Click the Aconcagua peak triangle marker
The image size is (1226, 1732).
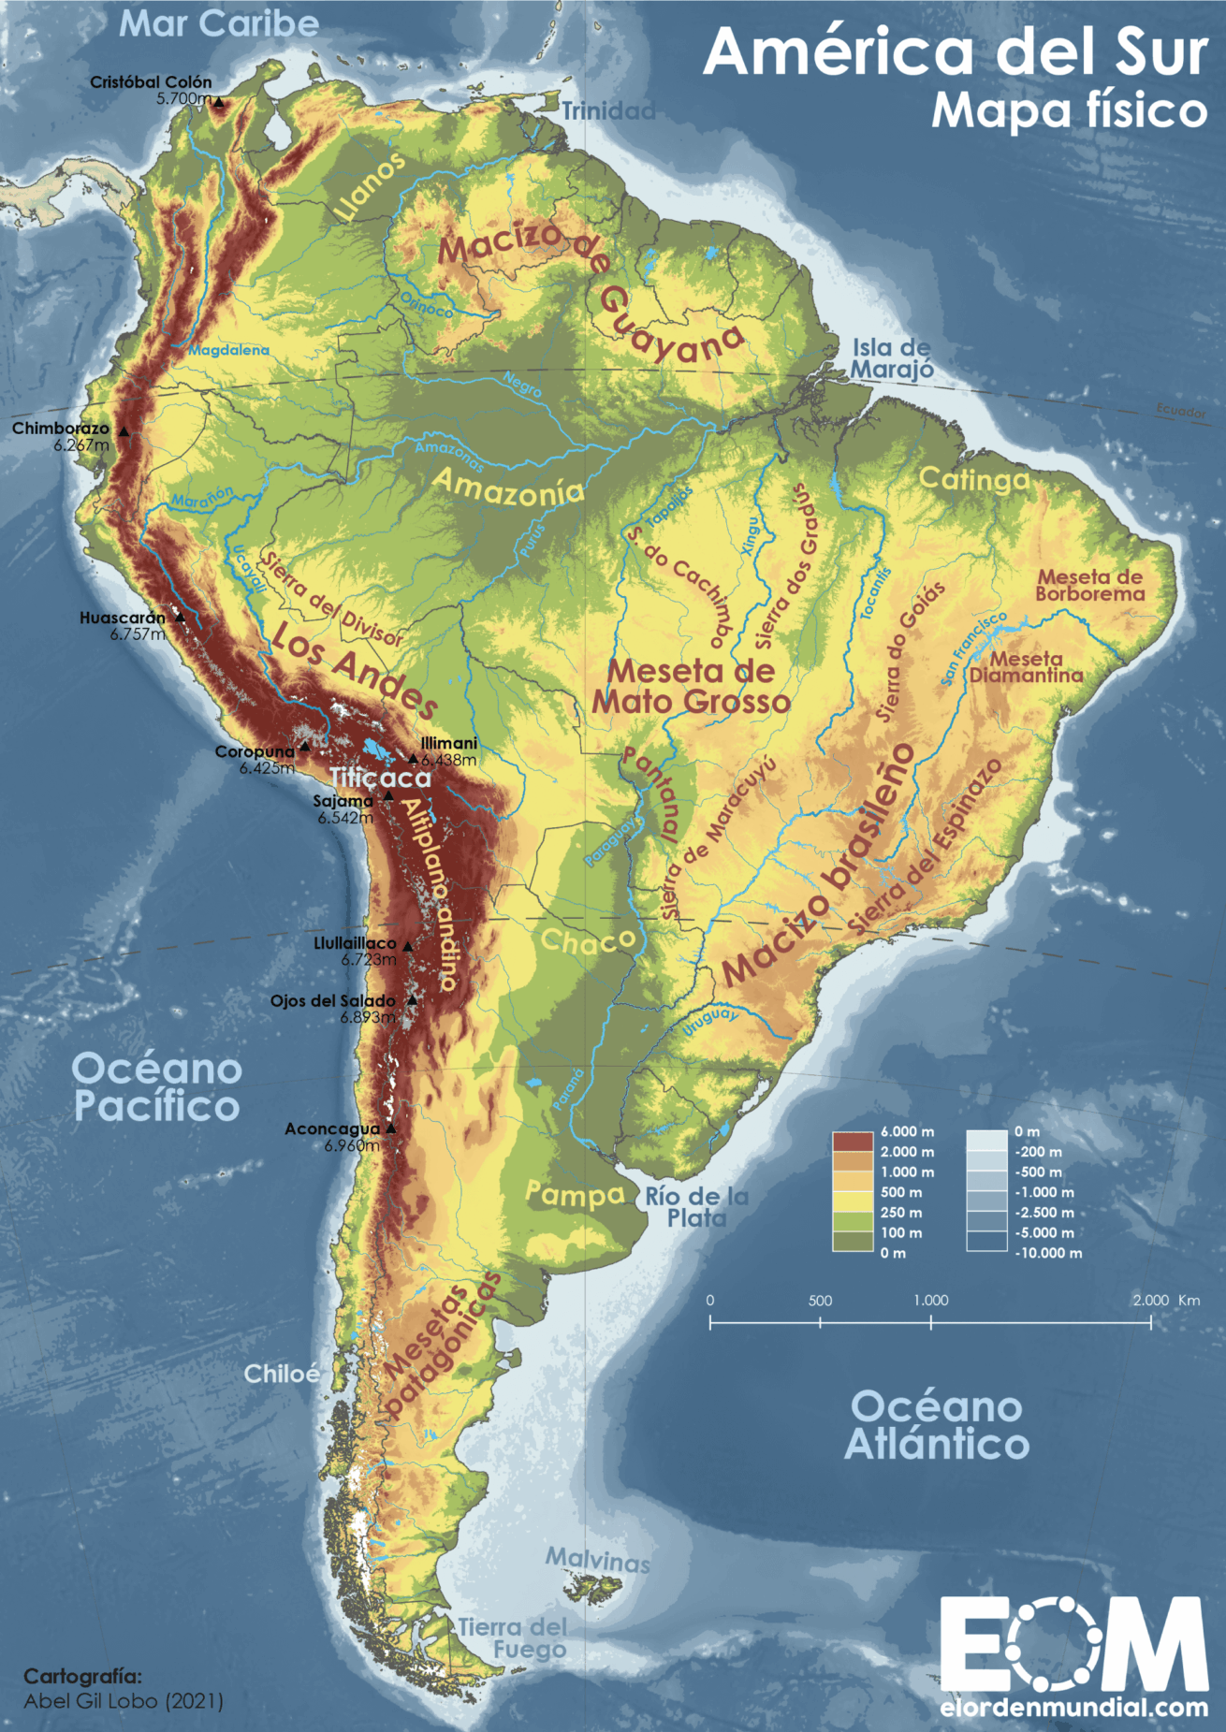tap(391, 1128)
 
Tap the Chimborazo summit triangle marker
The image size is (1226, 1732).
tap(124, 431)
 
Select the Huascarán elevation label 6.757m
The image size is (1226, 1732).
tap(138, 634)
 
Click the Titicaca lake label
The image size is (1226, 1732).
tap(381, 778)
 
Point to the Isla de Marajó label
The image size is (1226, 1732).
tap(892, 359)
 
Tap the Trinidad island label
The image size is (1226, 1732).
tap(608, 111)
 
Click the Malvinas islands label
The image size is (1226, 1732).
tap(598, 1560)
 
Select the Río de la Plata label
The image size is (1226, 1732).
tap(697, 1207)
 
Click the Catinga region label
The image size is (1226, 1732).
tap(974, 480)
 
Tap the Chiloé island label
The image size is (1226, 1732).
tap(282, 1374)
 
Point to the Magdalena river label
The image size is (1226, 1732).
tap(228, 350)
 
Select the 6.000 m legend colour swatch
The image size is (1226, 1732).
tap(852, 1142)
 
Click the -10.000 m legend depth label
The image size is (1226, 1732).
tap(1048, 1253)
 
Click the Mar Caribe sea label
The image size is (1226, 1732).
tap(219, 24)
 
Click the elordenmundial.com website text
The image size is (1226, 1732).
tap(1073, 1707)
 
